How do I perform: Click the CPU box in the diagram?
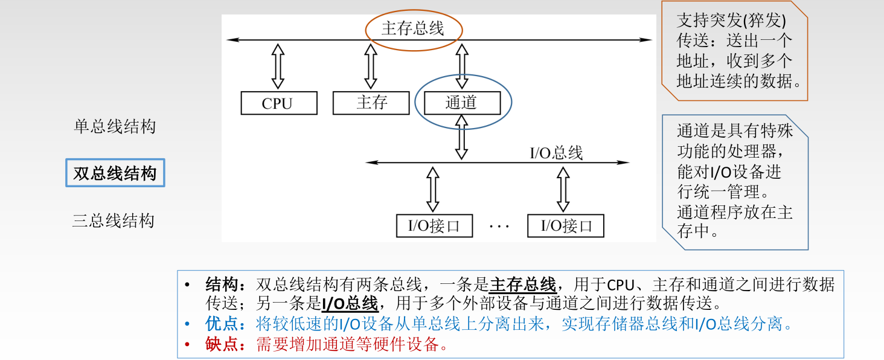(278, 103)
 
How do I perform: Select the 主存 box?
(371, 103)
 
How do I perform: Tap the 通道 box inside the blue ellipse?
(462, 103)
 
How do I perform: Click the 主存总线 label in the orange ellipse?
(413, 28)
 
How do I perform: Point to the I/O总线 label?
(556, 153)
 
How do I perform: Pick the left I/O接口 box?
(434, 226)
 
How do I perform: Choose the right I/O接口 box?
(565, 226)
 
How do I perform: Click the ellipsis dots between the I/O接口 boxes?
(499, 227)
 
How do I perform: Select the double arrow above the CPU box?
(278, 66)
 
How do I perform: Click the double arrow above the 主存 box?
(371, 66)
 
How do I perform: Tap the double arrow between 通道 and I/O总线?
(462, 137)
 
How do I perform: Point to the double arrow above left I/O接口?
(432, 188)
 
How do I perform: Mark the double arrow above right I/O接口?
(563, 188)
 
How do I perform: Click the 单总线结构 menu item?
(115, 127)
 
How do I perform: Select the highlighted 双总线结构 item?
(115, 173)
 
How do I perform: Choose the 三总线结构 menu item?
(114, 220)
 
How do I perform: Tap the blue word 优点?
(222, 324)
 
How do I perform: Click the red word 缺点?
(222, 344)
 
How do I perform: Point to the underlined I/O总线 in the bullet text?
(350, 303)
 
